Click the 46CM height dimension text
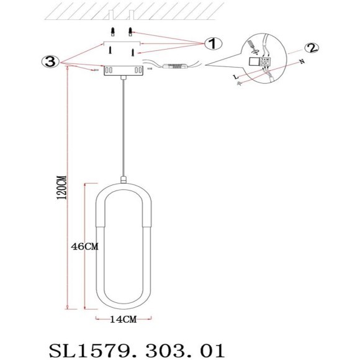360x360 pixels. point(85,246)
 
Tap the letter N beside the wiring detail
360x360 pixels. point(301,61)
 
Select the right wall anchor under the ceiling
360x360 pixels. point(130,30)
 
